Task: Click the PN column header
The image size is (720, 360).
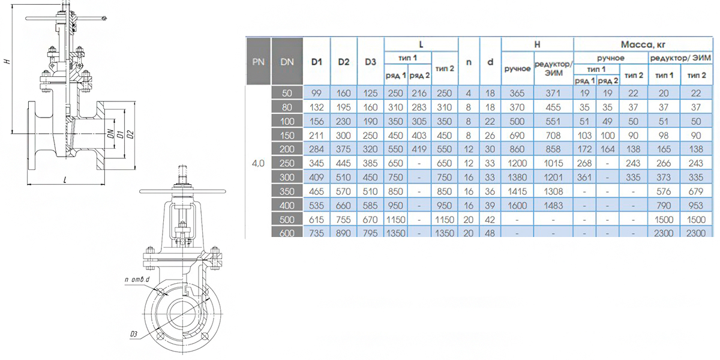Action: (x=258, y=62)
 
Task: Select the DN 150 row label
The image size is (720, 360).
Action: (x=287, y=136)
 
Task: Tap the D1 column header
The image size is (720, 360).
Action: (x=317, y=62)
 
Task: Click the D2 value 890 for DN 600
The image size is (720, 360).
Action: (x=343, y=233)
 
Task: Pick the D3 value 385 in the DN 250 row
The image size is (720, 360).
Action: (x=370, y=163)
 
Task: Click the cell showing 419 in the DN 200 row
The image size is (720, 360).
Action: (x=419, y=149)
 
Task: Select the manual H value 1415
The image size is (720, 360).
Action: (x=517, y=191)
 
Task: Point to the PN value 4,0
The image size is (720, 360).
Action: (x=258, y=163)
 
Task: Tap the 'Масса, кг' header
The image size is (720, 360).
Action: (x=643, y=44)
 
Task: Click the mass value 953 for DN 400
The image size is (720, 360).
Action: (x=696, y=205)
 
